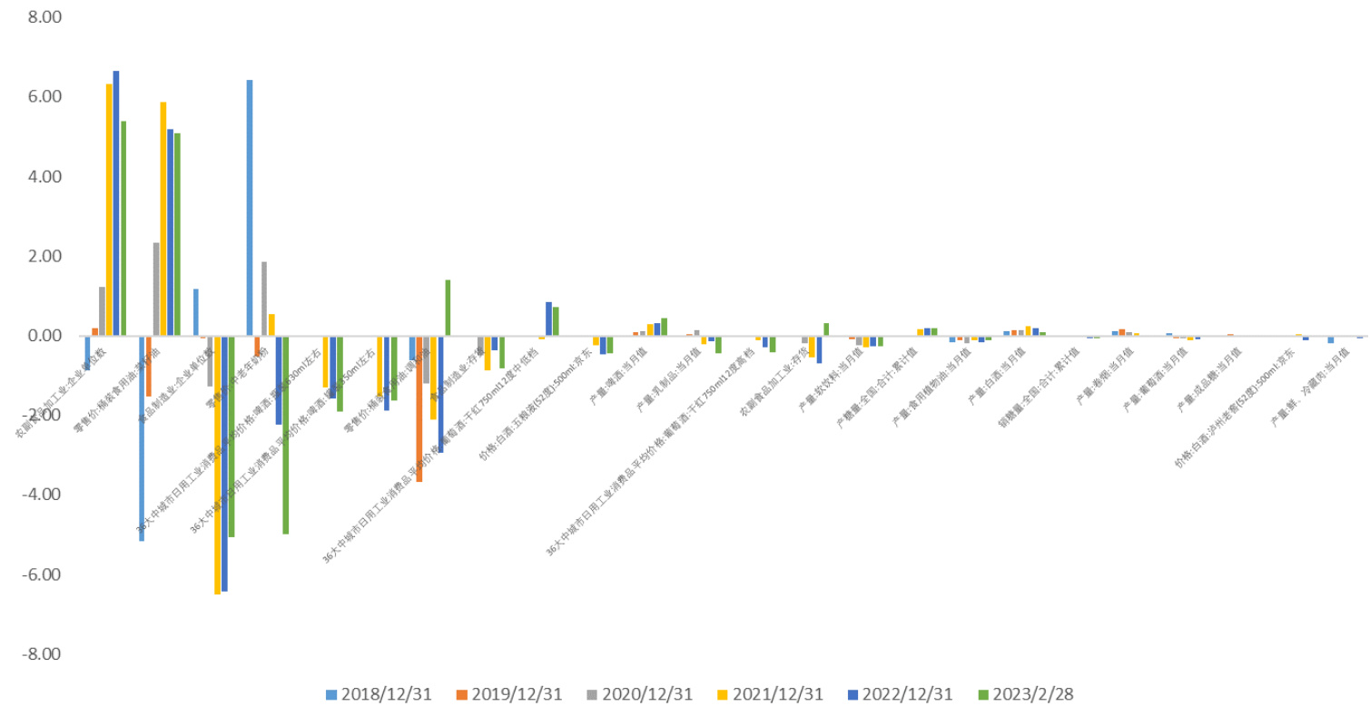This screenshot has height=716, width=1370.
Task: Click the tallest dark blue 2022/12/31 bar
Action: [116, 203]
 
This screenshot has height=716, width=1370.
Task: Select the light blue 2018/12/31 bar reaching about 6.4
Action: [250, 208]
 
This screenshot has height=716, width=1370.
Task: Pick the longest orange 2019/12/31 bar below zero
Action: [419, 408]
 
